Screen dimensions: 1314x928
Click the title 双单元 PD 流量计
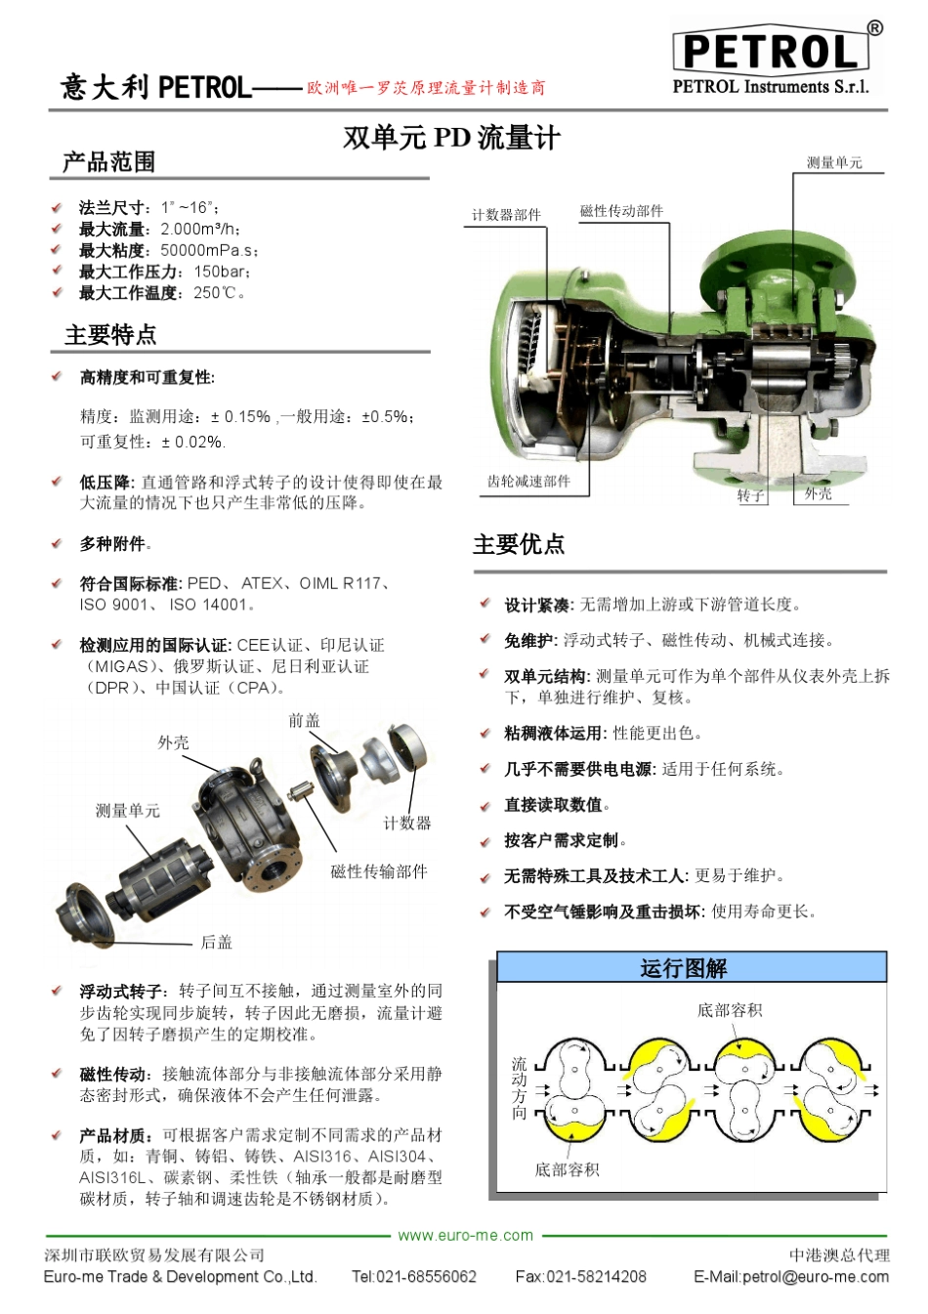pyautogui.click(x=451, y=138)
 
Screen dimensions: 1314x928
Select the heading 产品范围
pyautogui.click(x=108, y=162)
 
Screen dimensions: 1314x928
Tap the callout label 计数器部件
pyautogui.click(x=506, y=215)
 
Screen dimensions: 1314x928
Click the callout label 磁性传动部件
pyautogui.click(x=621, y=211)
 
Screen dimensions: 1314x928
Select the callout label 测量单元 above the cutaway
pyautogui.click(x=834, y=163)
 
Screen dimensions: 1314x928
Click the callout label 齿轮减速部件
pyautogui.click(x=528, y=482)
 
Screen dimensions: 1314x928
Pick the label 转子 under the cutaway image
pyautogui.click(x=750, y=495)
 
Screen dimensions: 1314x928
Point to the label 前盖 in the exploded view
pyautogui.click(x=304, y=721)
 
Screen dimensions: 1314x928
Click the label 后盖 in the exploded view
pyautogui.click(x=217, y=942)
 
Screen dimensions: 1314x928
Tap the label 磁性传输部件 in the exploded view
pyautogui.click(x=378, y=871)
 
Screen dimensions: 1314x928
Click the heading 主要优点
pyautogui.click(x=519, y=545)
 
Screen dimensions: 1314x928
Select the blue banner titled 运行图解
pyautogui.click(x=691, y=968)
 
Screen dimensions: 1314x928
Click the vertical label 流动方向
pyautogui.click(x=520, y=1087)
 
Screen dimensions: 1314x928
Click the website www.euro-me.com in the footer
pyautogui.click(x=466, y=1235)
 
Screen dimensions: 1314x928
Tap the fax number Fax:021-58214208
pyautogui.click(x=580, y=1276)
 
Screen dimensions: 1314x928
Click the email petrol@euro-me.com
pyautogui.click(x=791, y=1276)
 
